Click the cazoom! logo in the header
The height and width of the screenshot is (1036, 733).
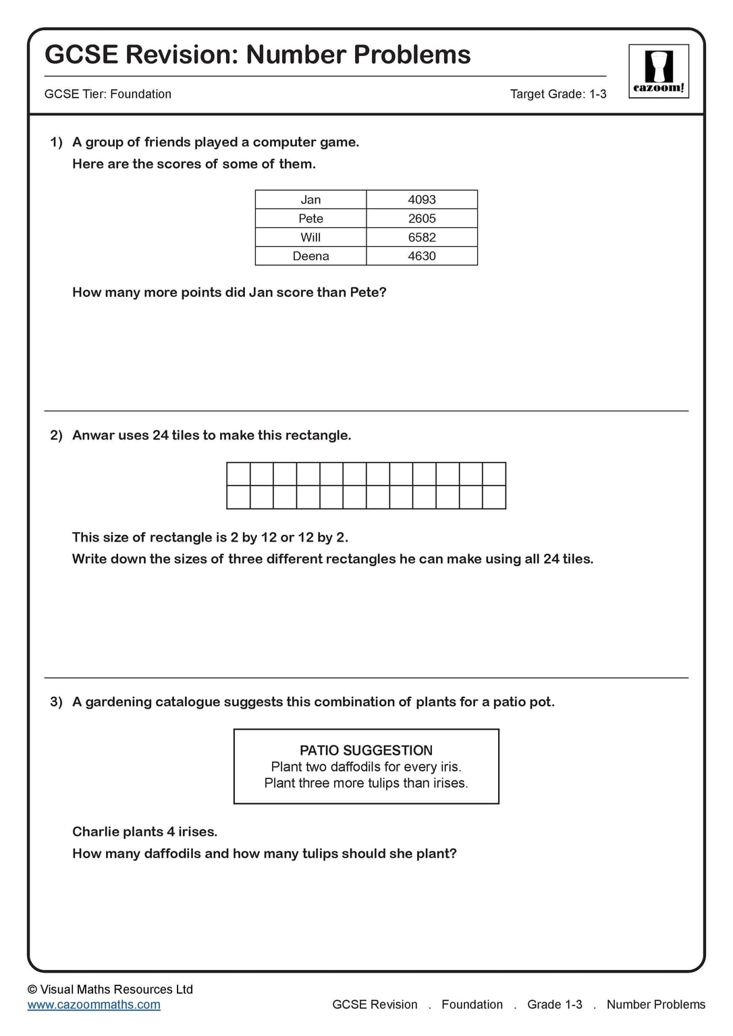tap(658, 71)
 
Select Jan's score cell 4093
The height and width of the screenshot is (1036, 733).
tap(421, 200)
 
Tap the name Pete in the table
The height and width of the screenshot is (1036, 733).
tap(310, 219)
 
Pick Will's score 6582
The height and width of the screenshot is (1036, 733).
tap(421, 237)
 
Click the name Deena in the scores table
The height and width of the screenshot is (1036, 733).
tap(310, 256)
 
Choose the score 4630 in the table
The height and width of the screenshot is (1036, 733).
tap(421, 256)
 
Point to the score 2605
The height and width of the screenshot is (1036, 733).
tap(421, 219)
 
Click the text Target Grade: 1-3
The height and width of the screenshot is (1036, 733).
tap(558, 94)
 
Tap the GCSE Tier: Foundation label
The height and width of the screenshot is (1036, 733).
tap(108, 94)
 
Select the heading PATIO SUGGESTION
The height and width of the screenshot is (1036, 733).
tap(366, 750)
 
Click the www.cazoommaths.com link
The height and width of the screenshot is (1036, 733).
tap(94, 1004)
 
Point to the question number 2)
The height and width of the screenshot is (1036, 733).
tap(56, 436)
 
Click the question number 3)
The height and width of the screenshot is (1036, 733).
tap(56, 702)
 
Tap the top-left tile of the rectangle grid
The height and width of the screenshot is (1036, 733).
tap(238, 474)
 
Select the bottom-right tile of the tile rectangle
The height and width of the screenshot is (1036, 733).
tap(494, 497)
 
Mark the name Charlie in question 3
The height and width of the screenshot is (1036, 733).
tap(94, 832)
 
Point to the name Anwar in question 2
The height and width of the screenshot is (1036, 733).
tap(93, 436)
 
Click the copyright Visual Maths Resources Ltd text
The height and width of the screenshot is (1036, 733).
tap(110, 989)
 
